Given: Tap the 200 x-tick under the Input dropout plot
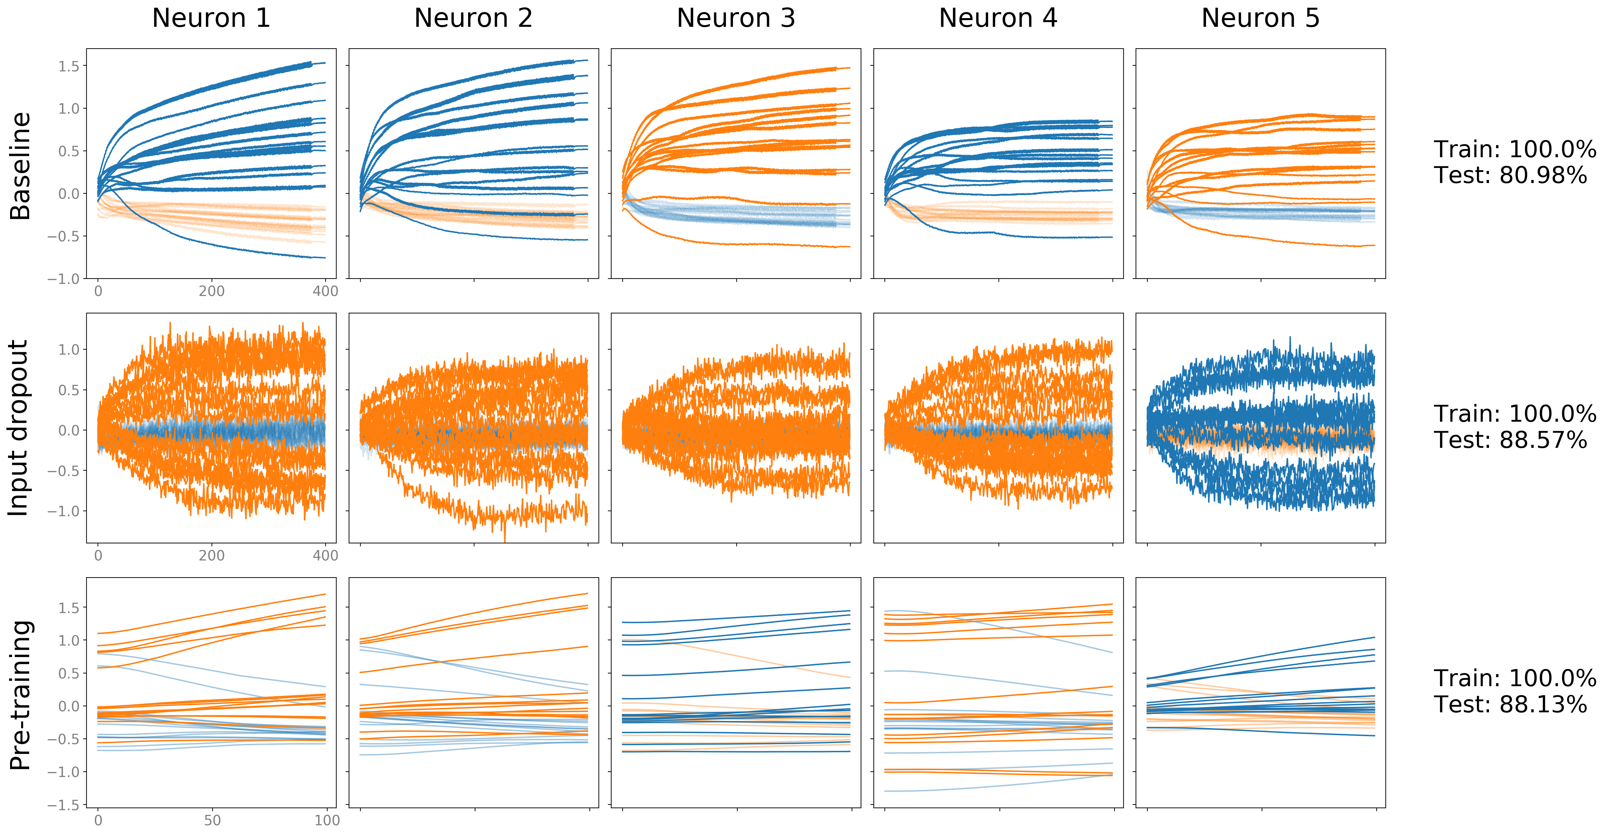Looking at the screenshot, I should pos(212,555).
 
